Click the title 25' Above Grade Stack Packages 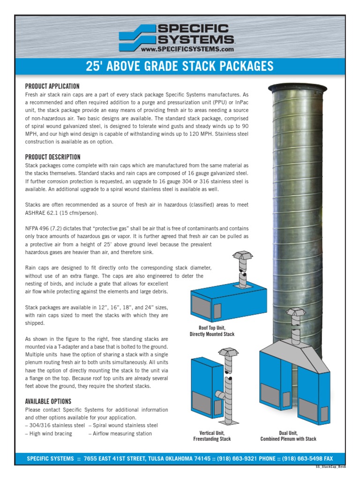180,66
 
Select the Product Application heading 52,86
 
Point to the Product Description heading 52,157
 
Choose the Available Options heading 48,401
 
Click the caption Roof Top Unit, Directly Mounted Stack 212,331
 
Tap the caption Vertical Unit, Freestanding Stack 212,435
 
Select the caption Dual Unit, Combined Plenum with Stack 288,435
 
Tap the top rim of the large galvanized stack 298,87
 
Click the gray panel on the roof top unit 217,311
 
